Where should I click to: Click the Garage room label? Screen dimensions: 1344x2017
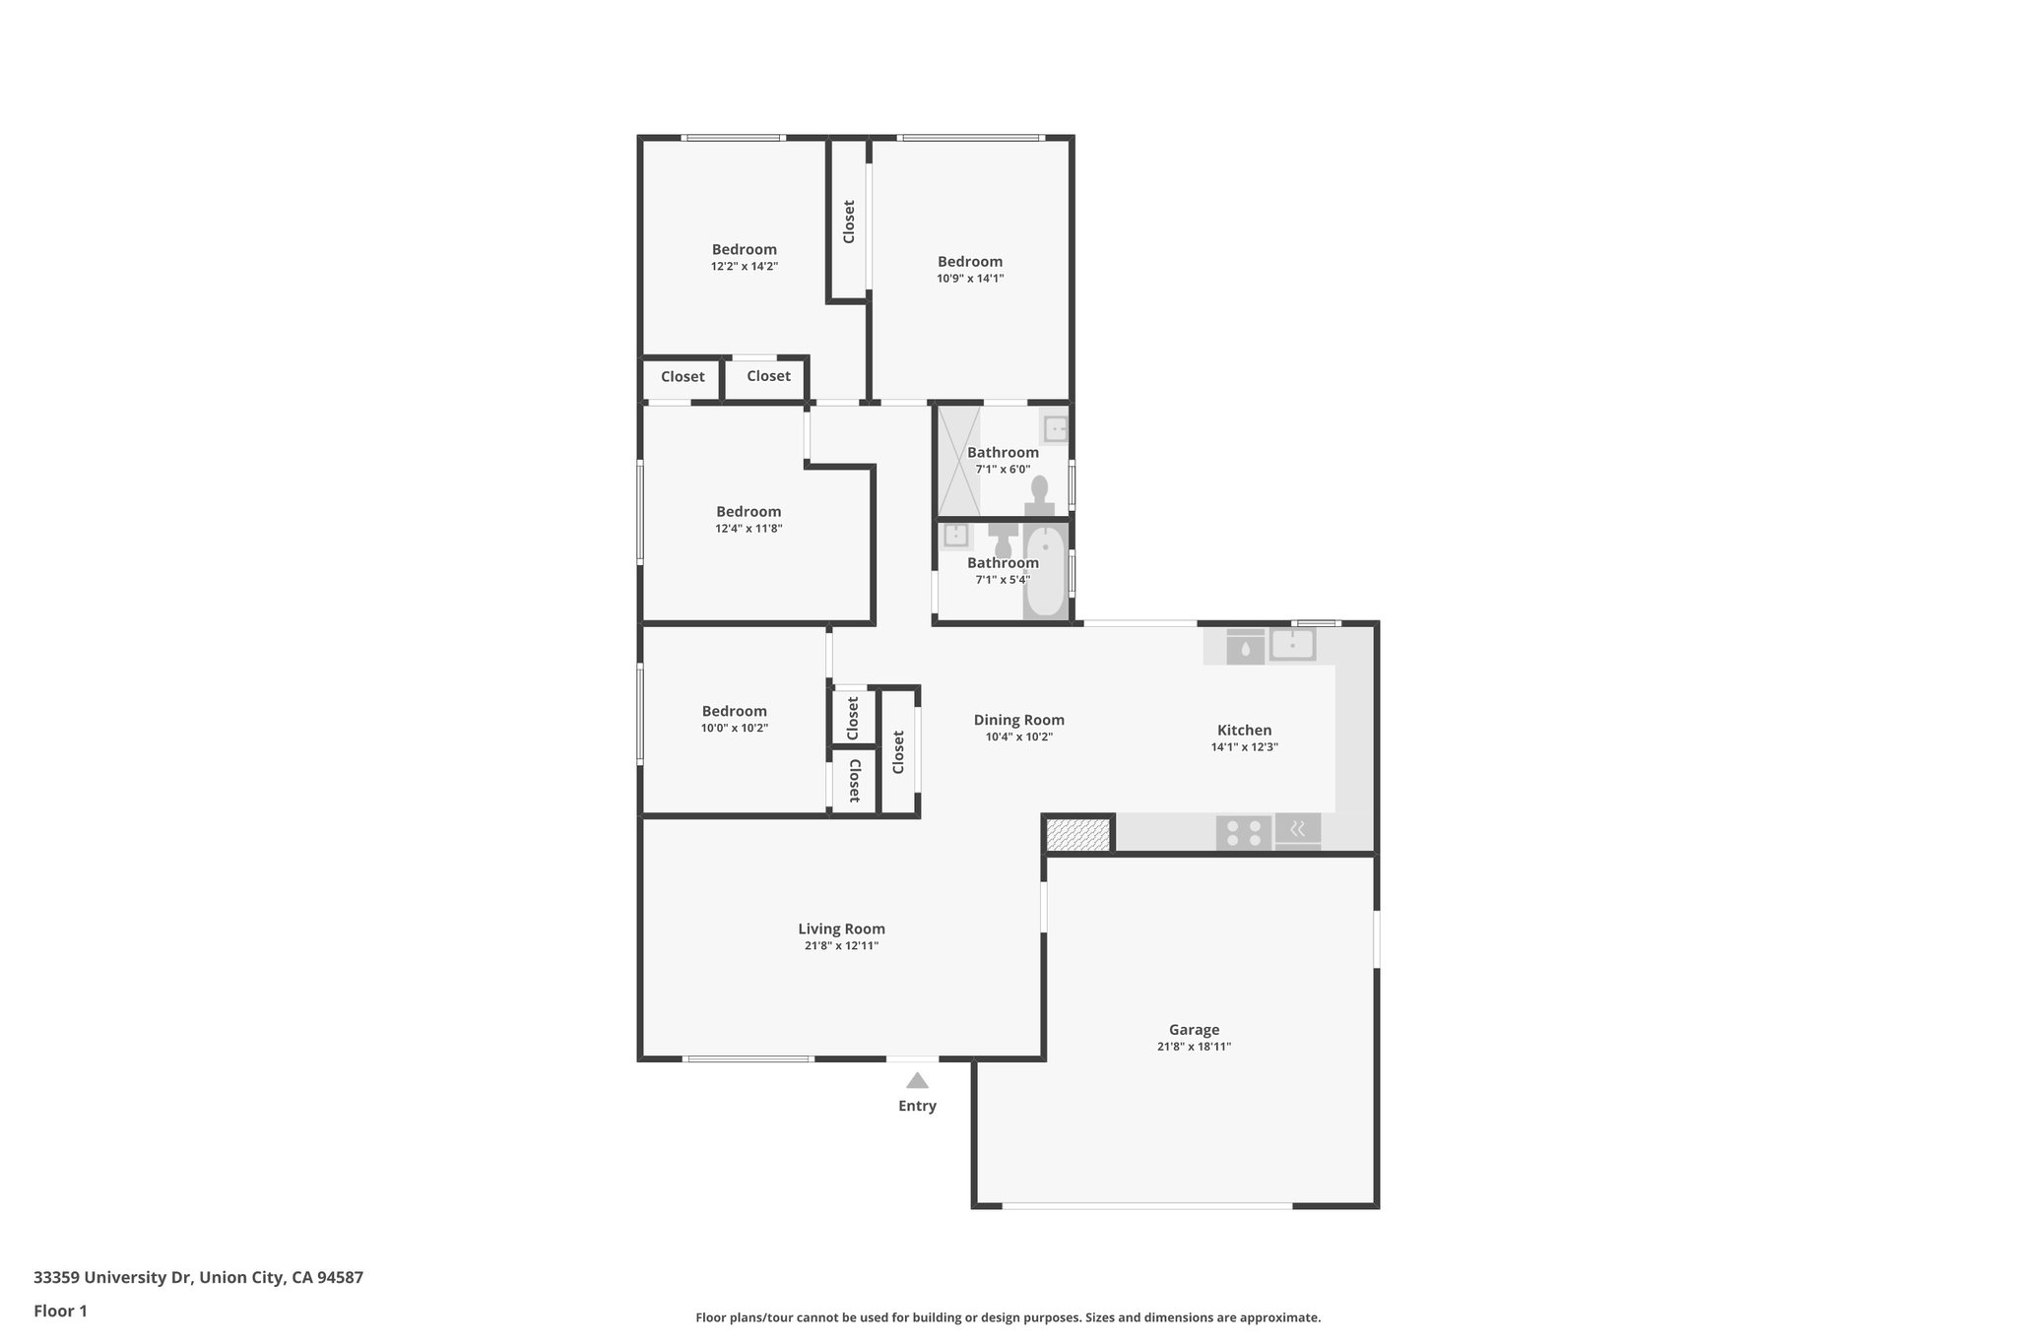click(1194, 1030)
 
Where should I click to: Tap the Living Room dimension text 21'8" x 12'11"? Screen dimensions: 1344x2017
click(841, 946)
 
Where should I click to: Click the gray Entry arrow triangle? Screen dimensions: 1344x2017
click(917, 1080)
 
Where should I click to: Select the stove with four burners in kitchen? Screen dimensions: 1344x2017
click(1243, 833)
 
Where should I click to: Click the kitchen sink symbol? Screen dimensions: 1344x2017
click(1291, 645)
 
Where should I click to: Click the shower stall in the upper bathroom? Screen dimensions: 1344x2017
click(958, 461)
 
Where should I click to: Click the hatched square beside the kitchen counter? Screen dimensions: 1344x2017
click(1077, 835)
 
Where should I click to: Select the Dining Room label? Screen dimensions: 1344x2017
click(1018, 720)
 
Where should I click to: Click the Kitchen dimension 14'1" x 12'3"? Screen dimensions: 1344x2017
click(1244, 747)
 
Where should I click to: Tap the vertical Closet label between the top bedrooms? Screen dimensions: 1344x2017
click(849, 222)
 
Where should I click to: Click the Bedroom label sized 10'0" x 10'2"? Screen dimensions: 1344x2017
click(734, 711)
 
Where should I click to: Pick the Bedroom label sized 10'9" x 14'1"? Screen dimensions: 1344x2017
click(969, 261)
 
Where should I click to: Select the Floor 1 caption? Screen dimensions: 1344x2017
click(60, 1312)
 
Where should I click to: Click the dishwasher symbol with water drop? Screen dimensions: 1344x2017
click(1245, 648)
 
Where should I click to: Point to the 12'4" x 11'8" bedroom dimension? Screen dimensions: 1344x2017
click(748, 529)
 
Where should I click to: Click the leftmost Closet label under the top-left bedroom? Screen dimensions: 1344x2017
click(682, 377)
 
